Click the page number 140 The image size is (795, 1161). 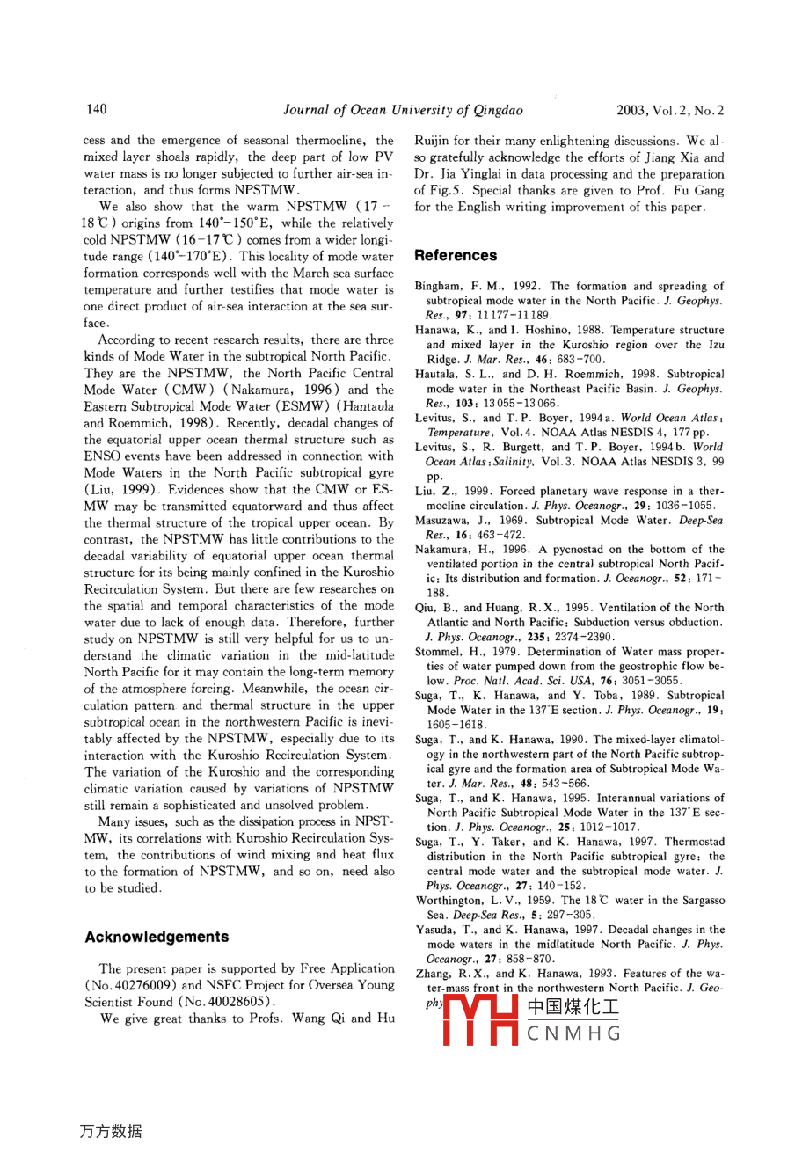(97, 109)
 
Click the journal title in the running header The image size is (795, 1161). (403, 110)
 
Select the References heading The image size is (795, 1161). (456, 255)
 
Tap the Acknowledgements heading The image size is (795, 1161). (157, 937)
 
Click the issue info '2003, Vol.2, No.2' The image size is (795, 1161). (670, 110)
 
